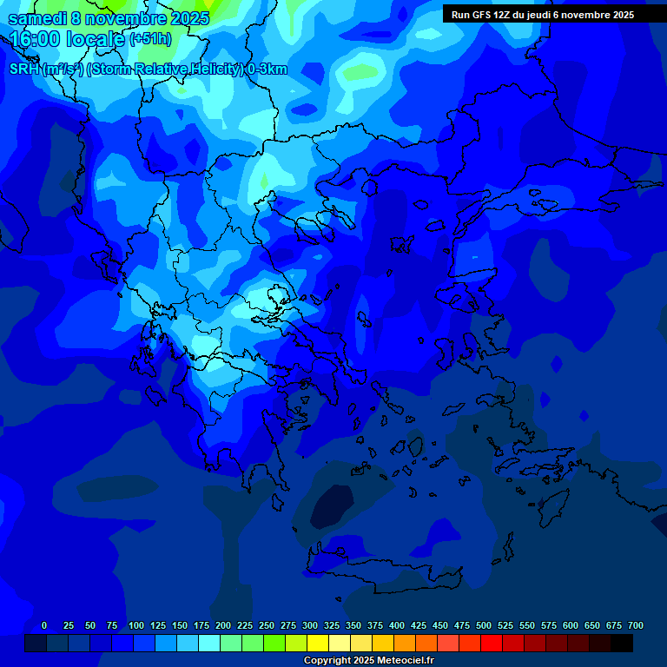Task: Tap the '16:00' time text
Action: pyautogui.click(x=34, y=39)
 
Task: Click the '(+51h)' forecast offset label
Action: pyautogui.click(x=150, y=39)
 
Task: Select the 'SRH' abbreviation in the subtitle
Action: pyautogui.click(x=24, y=69)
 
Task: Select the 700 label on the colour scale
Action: pyautogui.click(x=636, y=625)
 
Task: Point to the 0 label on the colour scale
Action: pyautogui.click(x=44, y=625)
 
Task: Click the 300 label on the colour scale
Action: pyautogui.click(x=310, y=625)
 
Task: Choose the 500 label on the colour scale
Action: pyautogui.click(x=484, y=625)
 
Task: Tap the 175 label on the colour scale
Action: pyautogui.click(x=201, y=625)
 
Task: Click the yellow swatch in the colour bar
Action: pyautogui.click(x=318, y=644)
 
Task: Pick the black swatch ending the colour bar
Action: pyautogui.click(x=622, y=644)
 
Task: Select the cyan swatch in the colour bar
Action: pyautogui.click(x=209, y=644)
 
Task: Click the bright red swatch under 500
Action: pyautogui.click(x=492, y=644)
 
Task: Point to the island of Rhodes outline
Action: pyautogui.click(x=551, y=504)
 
